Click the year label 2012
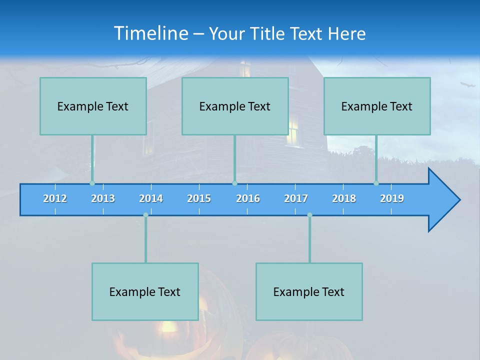click(55, 198)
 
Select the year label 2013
click(103, 198)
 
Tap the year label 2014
click(151, 198)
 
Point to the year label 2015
click(199, 198)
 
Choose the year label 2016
click(248, 198)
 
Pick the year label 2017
click(296, 198)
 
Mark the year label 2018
click(344, 198)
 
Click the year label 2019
click(392, 198)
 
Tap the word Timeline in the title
click(150, 33)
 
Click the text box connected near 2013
click(93, 106)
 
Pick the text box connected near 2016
click(235, 106)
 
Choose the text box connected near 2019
click(377, 106)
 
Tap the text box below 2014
click(145, 291)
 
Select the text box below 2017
click(309, 291)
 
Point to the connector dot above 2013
click(92, 183)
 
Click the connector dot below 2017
click(309, 215)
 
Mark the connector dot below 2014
click(145, 215)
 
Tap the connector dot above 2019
click(376, 183)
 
